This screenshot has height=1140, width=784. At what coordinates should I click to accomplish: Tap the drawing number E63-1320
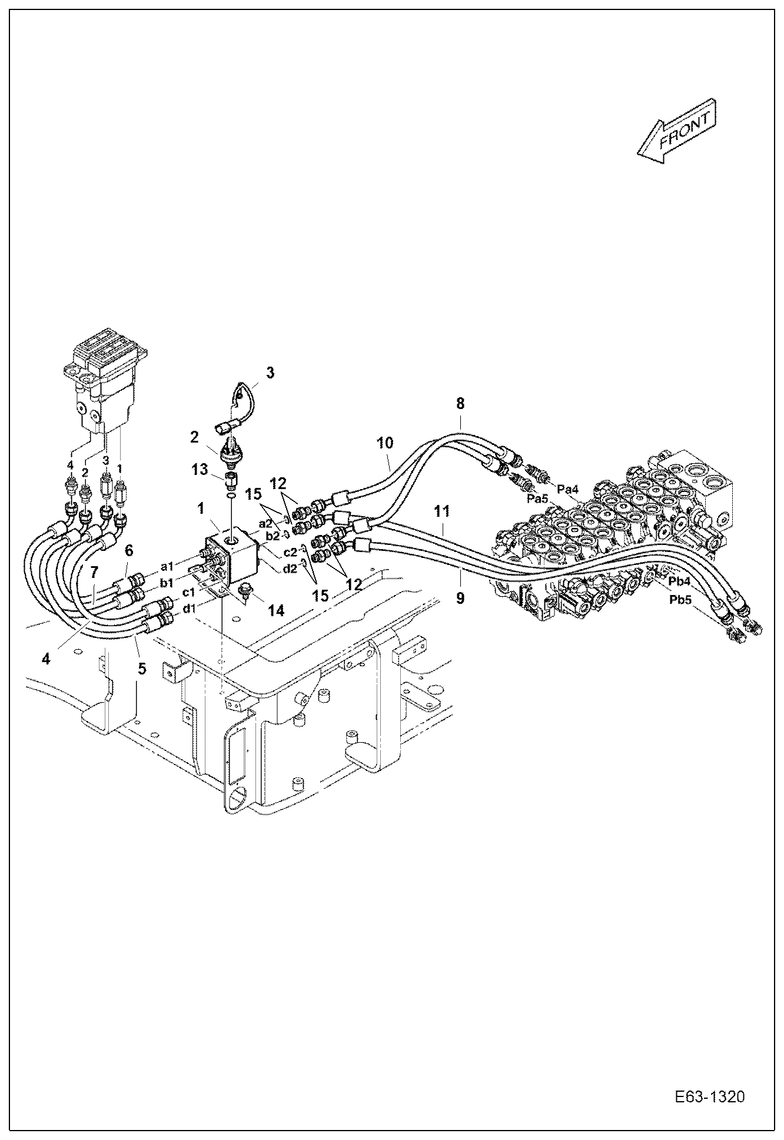[710, 1097]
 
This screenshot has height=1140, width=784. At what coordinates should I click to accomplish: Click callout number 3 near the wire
[270, 373]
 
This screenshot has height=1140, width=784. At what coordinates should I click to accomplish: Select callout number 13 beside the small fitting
[200, 469]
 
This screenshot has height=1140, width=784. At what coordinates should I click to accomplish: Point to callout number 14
[276, 610]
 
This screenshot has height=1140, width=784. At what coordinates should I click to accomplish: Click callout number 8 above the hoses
[460, 403]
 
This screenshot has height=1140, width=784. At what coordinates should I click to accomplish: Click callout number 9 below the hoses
[460, 598]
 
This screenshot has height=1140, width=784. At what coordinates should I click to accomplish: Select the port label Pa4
[568, 488]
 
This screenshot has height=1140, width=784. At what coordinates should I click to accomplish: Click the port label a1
[167, 566]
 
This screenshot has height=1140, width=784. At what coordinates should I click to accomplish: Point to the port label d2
[290, 569]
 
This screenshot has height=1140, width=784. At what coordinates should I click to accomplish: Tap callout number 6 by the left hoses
[129, 550]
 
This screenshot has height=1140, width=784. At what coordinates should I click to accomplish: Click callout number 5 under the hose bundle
[141, 669]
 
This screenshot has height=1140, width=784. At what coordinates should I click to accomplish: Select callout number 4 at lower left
[46, 658]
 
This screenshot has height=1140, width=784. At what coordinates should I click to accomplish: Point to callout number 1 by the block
[201, 507]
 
